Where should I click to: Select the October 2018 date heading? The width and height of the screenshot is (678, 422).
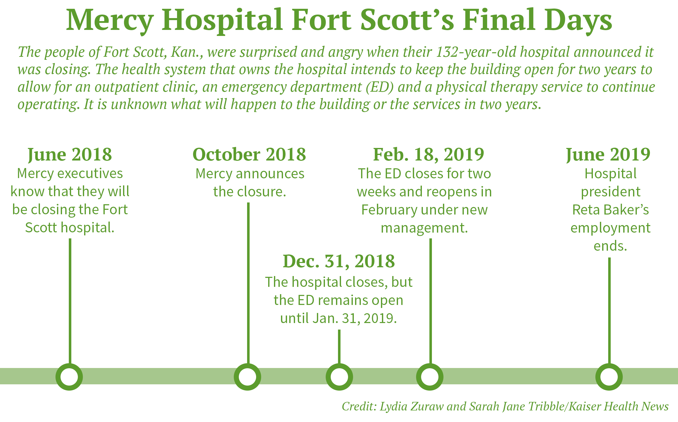[249, 154]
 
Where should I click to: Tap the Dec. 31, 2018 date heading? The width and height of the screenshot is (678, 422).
[339, 261]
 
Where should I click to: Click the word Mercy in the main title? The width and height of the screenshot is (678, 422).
[110, 21]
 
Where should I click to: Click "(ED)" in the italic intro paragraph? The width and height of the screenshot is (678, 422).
[380, 87]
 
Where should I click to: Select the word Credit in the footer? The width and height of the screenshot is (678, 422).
[359, 406]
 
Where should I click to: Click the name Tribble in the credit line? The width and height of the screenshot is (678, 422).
[547, 406]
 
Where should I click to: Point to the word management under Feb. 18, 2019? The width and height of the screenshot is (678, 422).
[424, 228]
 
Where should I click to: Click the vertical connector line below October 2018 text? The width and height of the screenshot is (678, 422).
[248, 283]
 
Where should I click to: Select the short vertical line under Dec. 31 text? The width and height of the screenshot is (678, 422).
[339, 347]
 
